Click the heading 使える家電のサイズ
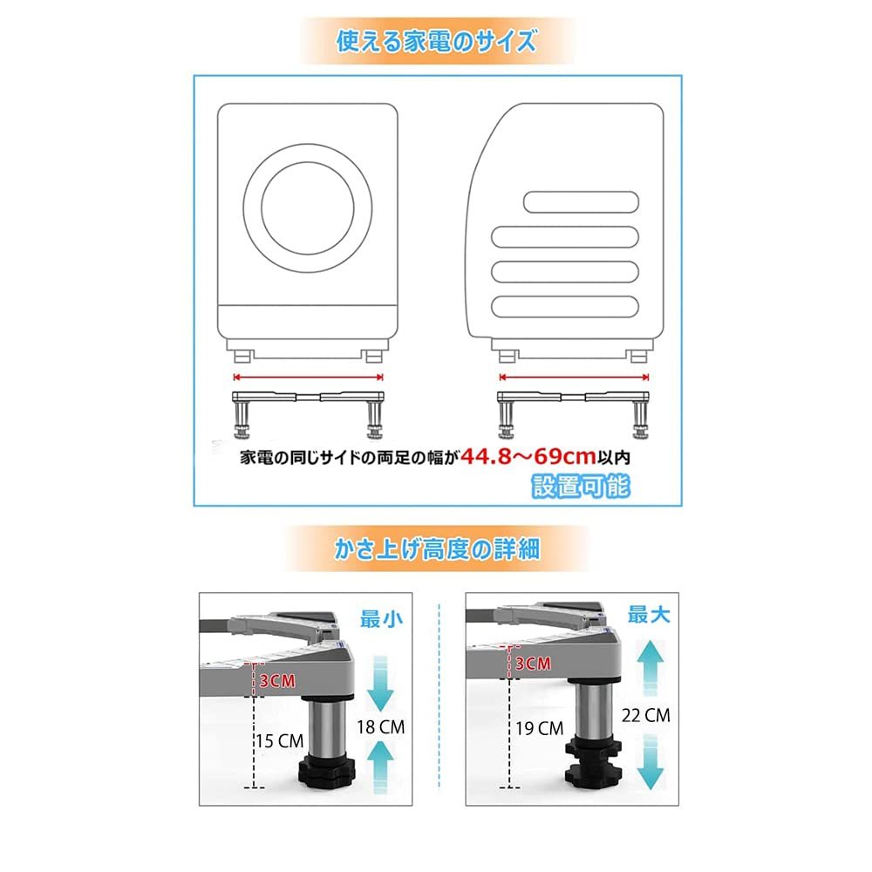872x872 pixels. point(436,41)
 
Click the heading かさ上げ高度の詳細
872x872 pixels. point(437,548)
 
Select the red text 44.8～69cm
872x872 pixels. point(528,456)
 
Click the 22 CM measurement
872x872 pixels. point(646,715)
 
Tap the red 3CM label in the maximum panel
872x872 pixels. point(532,664)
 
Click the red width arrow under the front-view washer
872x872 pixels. point(309,378)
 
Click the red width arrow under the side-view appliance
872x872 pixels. point(574,378)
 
